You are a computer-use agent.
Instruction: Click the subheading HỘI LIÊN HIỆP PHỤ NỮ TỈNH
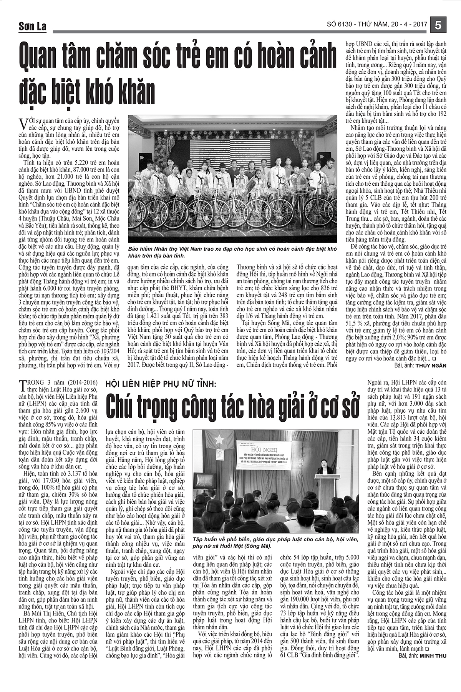161,384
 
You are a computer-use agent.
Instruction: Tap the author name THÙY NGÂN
431,366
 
